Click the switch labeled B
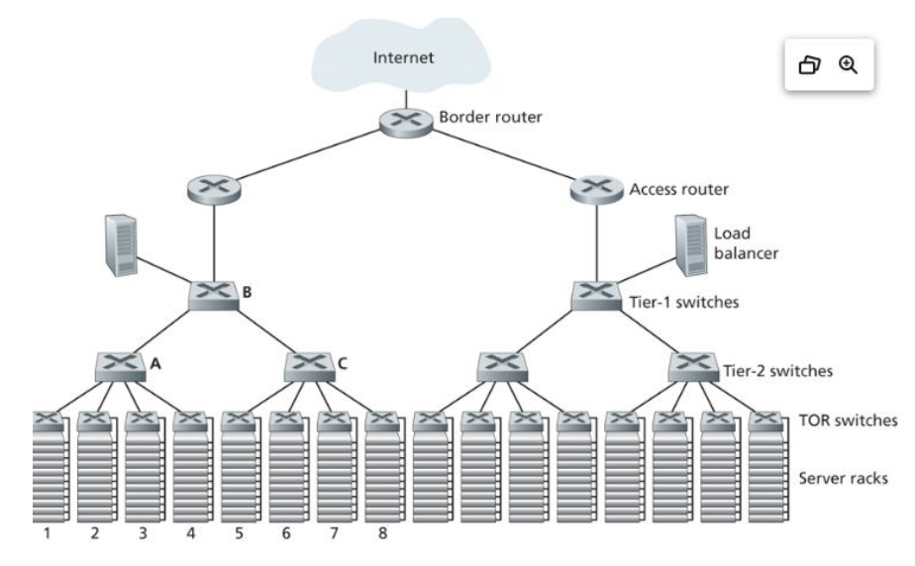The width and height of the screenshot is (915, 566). pos(215,295)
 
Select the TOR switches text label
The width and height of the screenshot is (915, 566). pos(847,420)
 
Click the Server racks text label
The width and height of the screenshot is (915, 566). pos(842,478)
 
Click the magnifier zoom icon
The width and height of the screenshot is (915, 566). pos(848,64)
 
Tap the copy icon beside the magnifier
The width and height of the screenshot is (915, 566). pos(810,65)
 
